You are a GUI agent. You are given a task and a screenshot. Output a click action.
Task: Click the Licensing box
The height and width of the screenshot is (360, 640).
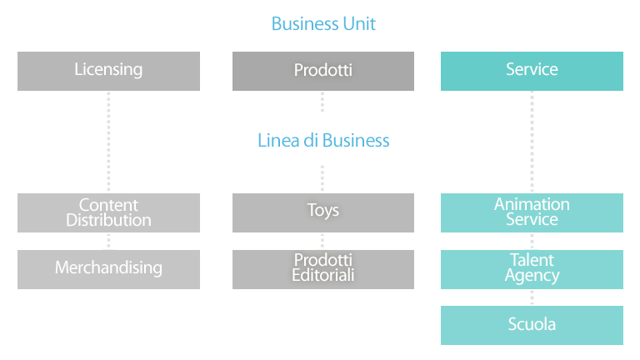tap(108, 71)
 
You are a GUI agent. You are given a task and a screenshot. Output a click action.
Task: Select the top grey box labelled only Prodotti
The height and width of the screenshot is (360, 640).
tap(323, 71)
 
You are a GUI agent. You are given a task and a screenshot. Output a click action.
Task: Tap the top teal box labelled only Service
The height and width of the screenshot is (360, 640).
tap(532, 71)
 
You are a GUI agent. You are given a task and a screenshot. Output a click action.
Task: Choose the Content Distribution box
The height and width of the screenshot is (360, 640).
tap(108, 212)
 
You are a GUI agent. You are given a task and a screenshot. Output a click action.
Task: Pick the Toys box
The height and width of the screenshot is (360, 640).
tap(323, 212)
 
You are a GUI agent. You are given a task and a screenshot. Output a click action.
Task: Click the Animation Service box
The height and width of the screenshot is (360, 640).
tap(532, 212)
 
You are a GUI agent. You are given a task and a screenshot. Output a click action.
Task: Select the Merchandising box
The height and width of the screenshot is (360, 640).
tap(108, 269)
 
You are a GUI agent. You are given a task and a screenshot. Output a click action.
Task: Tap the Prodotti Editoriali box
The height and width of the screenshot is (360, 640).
tap(323, 269)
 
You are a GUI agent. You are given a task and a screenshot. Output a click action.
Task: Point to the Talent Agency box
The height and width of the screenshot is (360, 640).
tap(532, 269)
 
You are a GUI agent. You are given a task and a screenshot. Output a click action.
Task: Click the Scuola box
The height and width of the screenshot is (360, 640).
tap(532, 325)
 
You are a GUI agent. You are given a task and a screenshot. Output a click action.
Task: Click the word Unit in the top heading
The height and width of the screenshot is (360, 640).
tap(359, 23)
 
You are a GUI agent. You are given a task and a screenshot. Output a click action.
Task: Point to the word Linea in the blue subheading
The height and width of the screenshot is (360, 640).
tap(279, 140)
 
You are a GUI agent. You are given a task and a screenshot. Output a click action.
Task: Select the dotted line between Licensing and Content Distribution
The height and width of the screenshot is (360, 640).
tap(108, 142)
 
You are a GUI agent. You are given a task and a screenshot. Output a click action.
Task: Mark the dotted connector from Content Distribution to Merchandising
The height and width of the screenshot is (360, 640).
tap(108, 241)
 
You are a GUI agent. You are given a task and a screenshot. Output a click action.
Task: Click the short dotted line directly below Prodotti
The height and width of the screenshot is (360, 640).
tap(322, 102)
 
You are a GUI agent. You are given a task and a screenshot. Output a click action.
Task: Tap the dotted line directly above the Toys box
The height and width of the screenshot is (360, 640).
tap(322, 178)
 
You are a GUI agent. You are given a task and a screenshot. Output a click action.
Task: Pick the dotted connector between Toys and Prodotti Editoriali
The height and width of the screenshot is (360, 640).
tap(322, 241)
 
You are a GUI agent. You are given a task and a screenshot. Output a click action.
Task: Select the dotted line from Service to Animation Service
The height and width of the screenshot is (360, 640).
tap(532, 142)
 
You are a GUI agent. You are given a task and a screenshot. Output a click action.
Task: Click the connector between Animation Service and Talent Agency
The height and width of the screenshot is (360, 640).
tap(532, 241)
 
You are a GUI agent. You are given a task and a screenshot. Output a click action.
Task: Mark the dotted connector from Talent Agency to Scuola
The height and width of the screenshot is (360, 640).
tap(532, 297)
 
